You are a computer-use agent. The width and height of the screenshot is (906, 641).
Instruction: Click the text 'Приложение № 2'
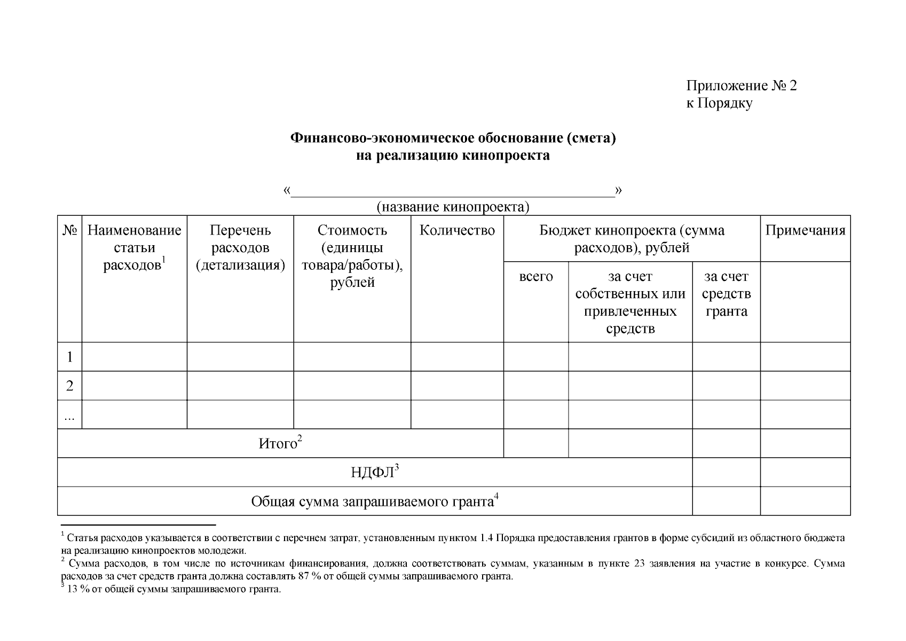point(741,86)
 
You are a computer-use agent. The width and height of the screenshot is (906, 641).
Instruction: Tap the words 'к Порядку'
point(719,103)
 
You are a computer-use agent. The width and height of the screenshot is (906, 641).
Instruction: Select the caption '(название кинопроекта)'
point(453,207)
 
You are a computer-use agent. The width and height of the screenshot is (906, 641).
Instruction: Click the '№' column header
point(69,231)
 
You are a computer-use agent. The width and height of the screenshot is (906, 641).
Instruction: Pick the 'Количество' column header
point(457,231)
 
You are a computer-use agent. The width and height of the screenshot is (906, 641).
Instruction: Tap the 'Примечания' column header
point(805,231)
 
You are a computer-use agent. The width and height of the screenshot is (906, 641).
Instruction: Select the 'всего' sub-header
point(536,277)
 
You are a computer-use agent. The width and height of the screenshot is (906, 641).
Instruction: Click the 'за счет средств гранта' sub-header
point(726,294)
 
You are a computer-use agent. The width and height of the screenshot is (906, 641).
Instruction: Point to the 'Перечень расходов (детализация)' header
point(240,248)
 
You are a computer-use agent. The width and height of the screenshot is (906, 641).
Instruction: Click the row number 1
point(69,357)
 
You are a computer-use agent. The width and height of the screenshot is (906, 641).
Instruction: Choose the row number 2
point(69,386)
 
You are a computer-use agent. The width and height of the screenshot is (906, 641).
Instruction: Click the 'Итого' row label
point(278,444)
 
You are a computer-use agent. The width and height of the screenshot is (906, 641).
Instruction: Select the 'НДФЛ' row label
point(372,473)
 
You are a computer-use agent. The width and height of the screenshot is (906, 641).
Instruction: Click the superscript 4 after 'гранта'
point(496,496)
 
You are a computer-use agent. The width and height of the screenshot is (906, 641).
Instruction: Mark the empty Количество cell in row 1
point(457,357)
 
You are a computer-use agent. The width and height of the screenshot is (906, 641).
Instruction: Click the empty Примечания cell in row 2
point(805,386)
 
